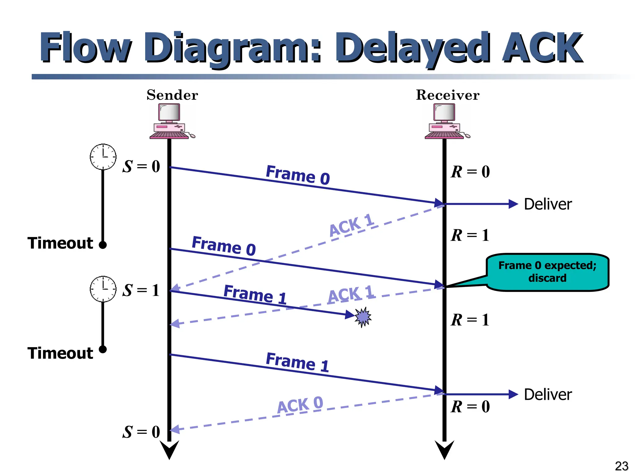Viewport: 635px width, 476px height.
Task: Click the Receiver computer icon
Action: tap(446, 121)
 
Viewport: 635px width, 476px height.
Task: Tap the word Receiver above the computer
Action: tap(447, 95)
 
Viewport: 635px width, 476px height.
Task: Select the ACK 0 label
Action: tap(300, 405)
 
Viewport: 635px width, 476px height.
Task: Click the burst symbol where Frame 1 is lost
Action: tap(363, 317)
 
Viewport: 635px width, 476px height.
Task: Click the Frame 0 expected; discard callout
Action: tap(547, 272)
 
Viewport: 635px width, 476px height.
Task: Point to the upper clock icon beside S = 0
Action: tap(103, 157)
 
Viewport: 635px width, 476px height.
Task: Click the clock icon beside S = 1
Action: tap(103, 289)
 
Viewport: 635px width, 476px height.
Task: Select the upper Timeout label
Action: tap(60, 243)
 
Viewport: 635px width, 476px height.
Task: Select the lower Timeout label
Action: tap(60, 353)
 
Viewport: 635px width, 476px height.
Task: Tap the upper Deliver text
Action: tap(548, 204)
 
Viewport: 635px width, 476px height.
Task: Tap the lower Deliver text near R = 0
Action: tap(548, 394)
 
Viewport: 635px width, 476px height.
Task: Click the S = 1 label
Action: tap(141, 290)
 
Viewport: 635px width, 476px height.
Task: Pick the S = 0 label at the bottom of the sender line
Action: tap(141, 432)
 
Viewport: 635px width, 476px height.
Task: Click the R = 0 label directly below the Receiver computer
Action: tap(470, 172)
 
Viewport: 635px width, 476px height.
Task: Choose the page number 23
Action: tap(621, 466)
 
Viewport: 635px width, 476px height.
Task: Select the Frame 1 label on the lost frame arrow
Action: tap(255, 294)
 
